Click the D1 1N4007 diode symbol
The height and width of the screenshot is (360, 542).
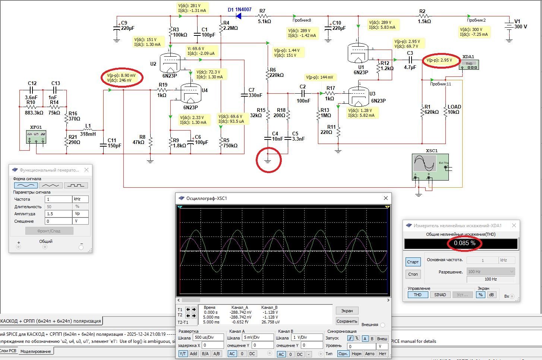238,16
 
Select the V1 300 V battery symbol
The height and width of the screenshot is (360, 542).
509,26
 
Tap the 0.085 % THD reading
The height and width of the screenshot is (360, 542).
464,243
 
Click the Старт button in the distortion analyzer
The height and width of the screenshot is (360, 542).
413,262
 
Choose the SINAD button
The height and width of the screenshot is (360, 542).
440,295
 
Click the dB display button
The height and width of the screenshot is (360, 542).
491,295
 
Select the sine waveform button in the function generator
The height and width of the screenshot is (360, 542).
26,185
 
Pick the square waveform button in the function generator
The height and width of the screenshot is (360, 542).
76,185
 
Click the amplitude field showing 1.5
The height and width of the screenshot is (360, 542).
58,214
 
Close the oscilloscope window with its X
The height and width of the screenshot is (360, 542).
386,198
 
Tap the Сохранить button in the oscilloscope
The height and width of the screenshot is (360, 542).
347,321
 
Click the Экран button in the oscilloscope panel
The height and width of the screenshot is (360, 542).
347,311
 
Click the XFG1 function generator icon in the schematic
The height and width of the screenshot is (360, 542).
36,136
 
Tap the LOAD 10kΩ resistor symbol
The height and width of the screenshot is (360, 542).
446,111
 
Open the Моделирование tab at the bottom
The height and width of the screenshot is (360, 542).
35,351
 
